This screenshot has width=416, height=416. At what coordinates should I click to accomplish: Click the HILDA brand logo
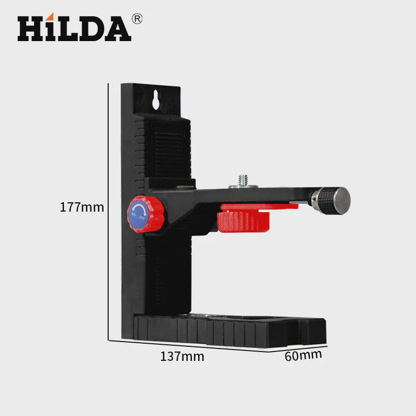[74, 28]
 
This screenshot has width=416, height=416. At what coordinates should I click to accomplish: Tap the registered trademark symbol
[137, 19]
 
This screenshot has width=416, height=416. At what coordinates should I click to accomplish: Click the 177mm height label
[82, 207]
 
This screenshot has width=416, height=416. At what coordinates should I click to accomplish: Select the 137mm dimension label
[183, 356]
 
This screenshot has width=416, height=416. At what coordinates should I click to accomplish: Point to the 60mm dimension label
[303, 356]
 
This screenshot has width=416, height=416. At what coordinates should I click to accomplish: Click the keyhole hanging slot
[155, 100]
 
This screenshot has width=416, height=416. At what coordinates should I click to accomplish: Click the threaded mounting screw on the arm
[243, 180]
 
